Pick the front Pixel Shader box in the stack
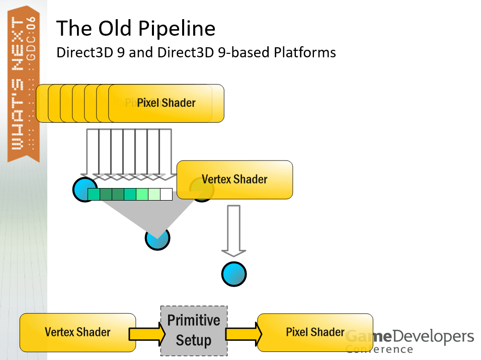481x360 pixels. pyautogui.click(x=166, y=103)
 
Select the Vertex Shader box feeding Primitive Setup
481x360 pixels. pyautogui.click(x=77, y=332)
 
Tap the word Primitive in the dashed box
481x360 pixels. pyautogui.click(x=194, y=320)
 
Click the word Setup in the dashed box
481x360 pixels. pyautogui.click(x=194, y=340)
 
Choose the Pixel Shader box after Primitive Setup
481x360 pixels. pyautogui.click(x=314, y=332)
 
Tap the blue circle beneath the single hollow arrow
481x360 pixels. pyautogui.click(x=234, y=274)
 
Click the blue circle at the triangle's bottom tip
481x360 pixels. pyautogui.click(x=157, y=240)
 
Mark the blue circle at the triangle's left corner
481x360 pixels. pyautogui.click(x=82, y=189)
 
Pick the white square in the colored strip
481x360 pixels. pyautogui.click(x=166, y=194)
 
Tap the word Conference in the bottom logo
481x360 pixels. pyautogui.click(x=379, y=349)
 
